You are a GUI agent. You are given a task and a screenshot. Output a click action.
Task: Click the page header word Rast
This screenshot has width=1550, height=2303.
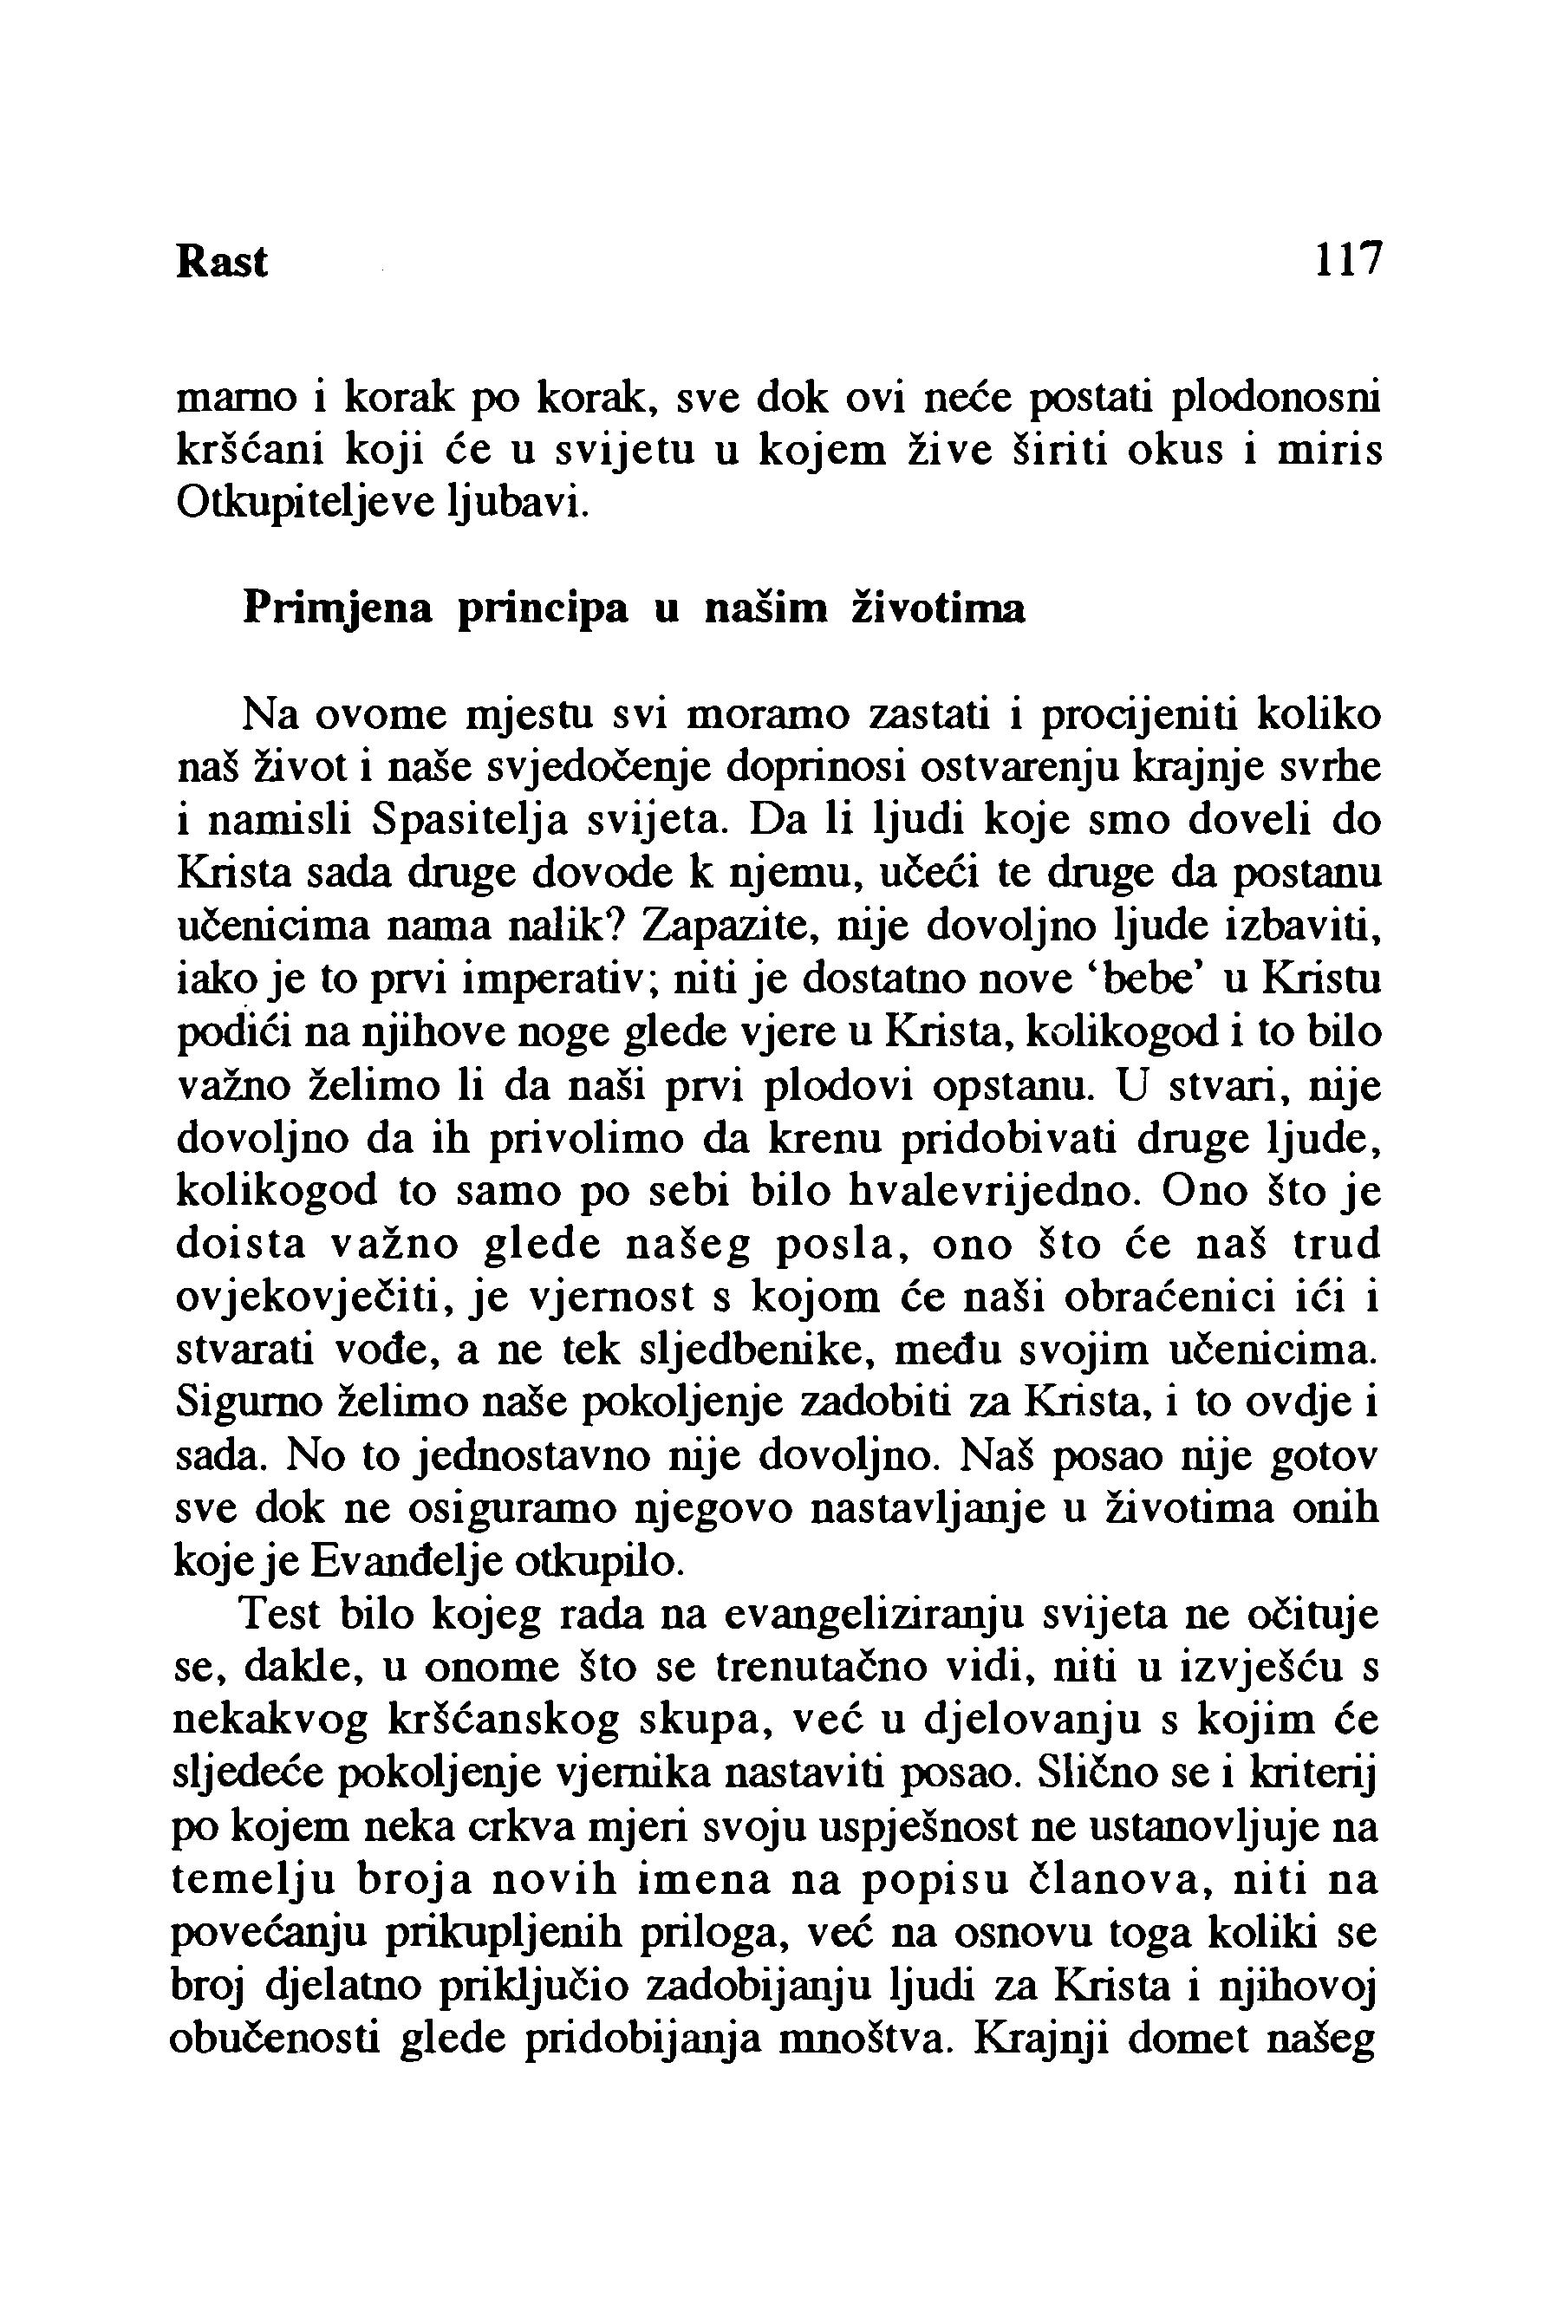pos(221,262)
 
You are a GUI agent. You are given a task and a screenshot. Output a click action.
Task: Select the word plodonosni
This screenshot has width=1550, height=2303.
pos(1275,397)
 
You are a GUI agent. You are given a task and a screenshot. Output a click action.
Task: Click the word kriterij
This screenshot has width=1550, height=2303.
pos(1300,1774)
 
